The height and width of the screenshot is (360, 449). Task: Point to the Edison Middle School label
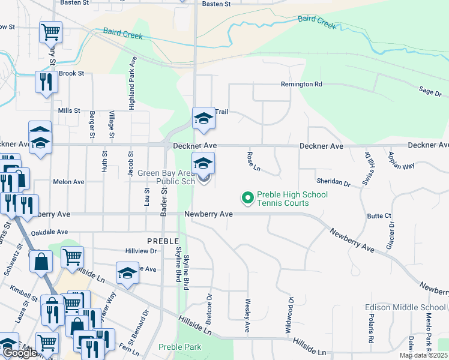405,308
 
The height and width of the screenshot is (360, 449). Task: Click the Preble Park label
180,347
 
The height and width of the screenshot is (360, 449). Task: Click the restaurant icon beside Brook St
45,81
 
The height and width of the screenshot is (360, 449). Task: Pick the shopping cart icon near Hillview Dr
72,256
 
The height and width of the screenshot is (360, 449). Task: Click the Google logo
20,353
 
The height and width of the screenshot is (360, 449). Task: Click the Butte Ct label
379,215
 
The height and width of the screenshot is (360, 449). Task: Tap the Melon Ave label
68,182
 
